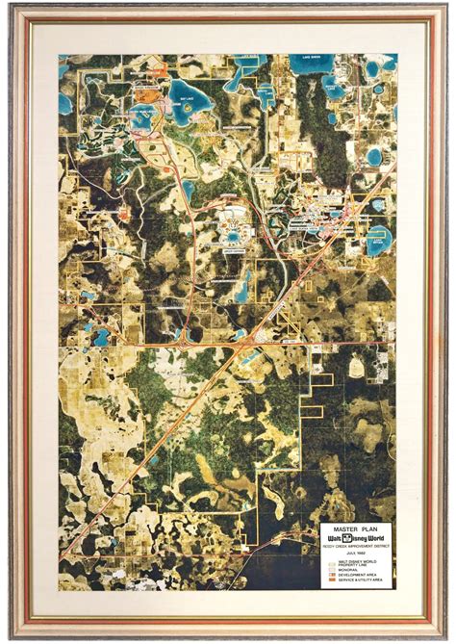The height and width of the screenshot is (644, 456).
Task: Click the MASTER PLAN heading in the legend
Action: tap(356, 529)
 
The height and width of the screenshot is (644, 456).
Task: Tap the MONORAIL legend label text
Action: tap(347, 571)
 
